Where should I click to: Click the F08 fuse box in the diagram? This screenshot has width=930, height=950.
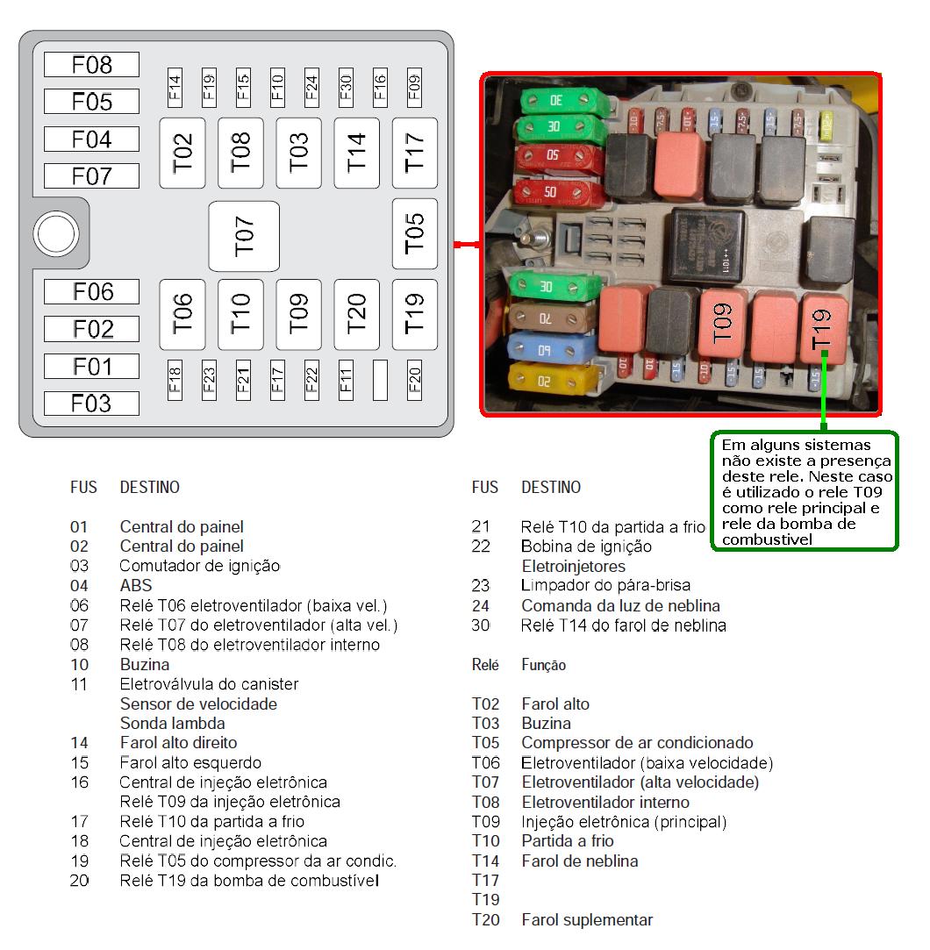(91, 64)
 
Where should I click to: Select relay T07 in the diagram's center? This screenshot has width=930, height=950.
(244, 236)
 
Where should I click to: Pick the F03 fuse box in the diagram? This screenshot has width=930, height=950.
(91, 404)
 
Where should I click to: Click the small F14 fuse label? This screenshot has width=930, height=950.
(174, 86)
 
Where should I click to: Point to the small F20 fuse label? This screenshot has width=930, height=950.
(415, 380)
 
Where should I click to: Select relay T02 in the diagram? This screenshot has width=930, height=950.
(182, 153)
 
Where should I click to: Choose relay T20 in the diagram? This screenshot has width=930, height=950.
(356, 314)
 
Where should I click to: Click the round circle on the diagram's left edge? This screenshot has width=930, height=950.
(55, 234)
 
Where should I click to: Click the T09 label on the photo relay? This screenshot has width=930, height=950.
(722, 323)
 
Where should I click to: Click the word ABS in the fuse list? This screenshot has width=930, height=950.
(135, 585)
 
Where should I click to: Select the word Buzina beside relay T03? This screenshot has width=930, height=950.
(546, 724)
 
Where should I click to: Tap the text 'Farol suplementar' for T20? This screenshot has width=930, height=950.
(587, 920)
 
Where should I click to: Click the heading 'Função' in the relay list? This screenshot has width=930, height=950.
(543, 666)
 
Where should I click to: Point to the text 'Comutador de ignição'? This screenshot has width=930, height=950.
(199, 566)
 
